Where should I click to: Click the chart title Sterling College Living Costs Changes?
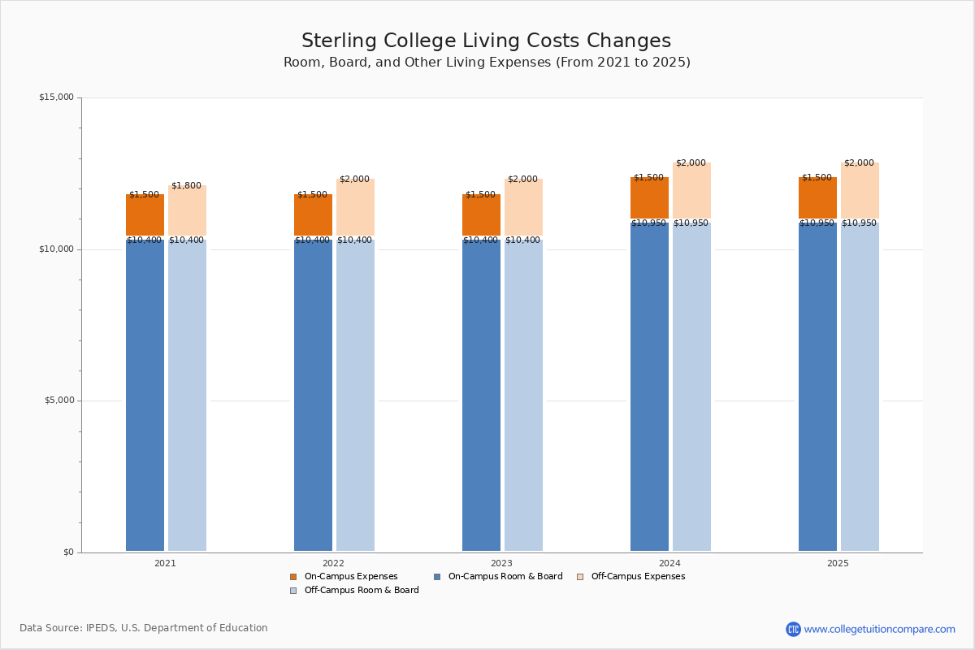(486, 41)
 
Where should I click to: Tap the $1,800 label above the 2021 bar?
(186, 185)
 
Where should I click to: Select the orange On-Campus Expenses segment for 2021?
(145, 214)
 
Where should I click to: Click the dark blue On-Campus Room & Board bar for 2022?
(313, 395)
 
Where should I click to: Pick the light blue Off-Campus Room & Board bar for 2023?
(523, 395)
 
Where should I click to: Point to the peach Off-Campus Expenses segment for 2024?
(691, 190)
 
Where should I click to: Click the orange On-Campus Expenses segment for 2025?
(817, 197)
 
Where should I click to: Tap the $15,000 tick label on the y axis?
(57, 97)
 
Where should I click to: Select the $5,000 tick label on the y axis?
(59, 400)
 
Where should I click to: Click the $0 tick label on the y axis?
(69, 552)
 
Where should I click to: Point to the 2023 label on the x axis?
(501, 563)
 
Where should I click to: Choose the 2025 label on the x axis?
(838, 563)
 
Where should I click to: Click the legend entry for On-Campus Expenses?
(344, 576)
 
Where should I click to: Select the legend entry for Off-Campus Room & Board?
(354, 591)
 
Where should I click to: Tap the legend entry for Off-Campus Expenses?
(630, 576)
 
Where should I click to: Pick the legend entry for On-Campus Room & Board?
(498, 576)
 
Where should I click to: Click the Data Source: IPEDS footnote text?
(144, 628)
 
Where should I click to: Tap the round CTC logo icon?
(793, 629)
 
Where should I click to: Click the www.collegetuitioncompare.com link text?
(879, 629)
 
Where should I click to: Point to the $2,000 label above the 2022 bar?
(354, 179)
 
